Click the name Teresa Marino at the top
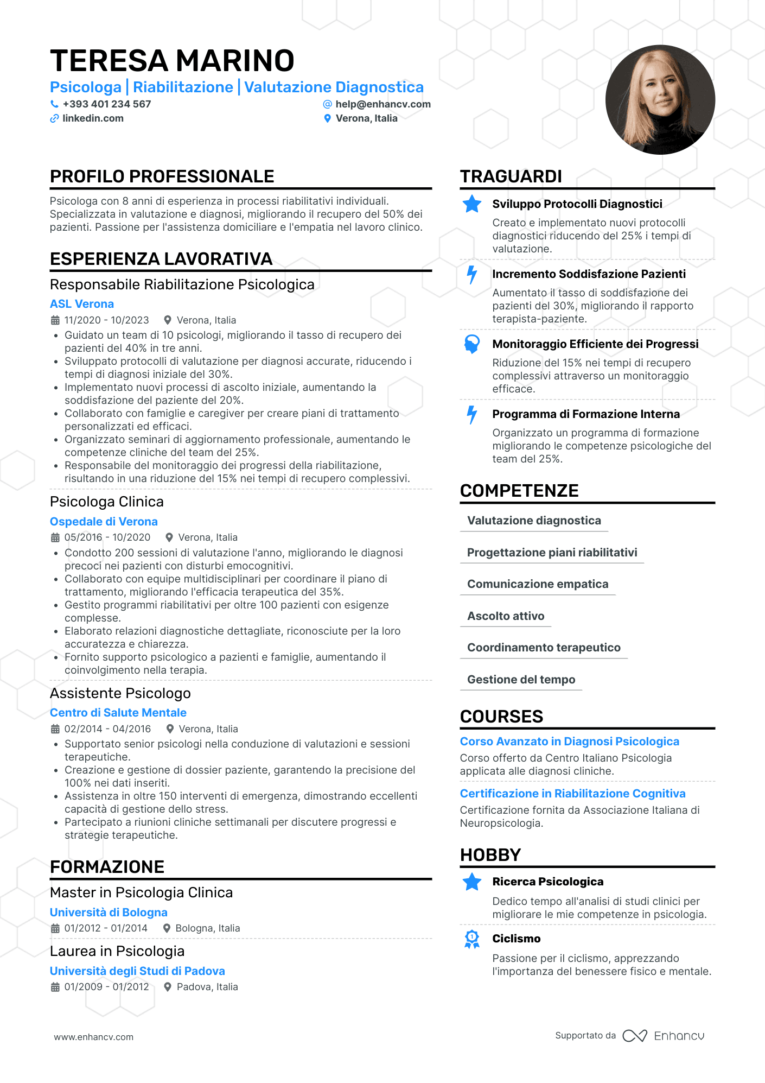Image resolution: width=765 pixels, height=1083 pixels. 172,61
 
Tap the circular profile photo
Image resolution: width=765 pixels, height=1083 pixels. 660,100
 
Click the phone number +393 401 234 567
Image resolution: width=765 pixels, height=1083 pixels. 106,104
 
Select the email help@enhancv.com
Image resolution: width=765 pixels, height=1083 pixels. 382,104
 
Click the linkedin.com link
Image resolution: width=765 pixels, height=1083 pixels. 93,118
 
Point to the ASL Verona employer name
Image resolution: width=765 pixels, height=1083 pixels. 82,304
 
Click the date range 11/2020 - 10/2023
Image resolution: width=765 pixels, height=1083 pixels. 106,320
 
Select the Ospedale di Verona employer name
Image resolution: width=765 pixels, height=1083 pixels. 104,522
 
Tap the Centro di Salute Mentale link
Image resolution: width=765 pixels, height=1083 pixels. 118,713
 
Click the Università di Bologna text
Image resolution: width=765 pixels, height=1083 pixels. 109,913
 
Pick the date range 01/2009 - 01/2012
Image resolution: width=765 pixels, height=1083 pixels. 106,987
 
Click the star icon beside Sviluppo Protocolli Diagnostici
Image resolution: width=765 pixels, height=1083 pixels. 472,204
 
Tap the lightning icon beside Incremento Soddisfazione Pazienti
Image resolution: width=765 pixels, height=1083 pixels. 472,275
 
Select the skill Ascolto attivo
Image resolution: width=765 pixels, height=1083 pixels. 506,616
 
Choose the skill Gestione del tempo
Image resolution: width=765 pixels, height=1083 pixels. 521,680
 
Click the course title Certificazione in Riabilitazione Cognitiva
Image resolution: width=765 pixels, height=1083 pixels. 572,794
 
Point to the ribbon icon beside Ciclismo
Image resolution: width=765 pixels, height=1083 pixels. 472,939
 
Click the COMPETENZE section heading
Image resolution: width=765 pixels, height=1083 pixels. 519,491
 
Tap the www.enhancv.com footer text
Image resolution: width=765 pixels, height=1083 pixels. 93,1037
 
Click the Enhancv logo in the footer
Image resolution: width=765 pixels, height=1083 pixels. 664,1036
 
